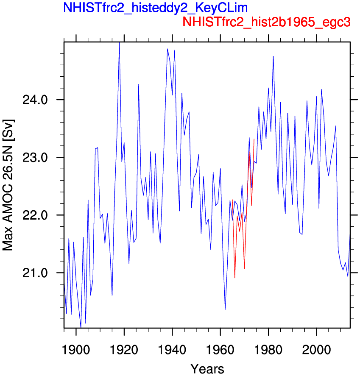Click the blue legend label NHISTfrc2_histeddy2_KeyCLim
[x=156, y=8]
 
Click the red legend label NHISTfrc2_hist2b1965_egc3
[x=266, y=22]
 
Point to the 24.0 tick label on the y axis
[x=35, y=100]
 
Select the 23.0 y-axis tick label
[x=35, y=158]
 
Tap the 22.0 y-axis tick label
[x=35, y=215]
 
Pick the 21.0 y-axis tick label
[x=35, y=273]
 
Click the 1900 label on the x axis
[x=76, y=350]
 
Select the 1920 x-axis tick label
[x=124, y=350]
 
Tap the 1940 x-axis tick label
[x=172, y=350]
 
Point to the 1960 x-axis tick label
[x=220, y=350]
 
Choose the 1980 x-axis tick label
[x=268, y=350]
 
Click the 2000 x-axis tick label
[x=317, y=350]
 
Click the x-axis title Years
[x=207, y=369]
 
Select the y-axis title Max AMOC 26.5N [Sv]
[x=8, y=185]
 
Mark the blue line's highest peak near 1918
[x=120, y=43]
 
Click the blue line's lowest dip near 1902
[x=81, y=327]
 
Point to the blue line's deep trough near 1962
[x=225, y=309]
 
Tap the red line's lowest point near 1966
[x=235, y=278]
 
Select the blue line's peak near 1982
[x=273, y=56]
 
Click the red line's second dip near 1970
[x=244, y=268]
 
